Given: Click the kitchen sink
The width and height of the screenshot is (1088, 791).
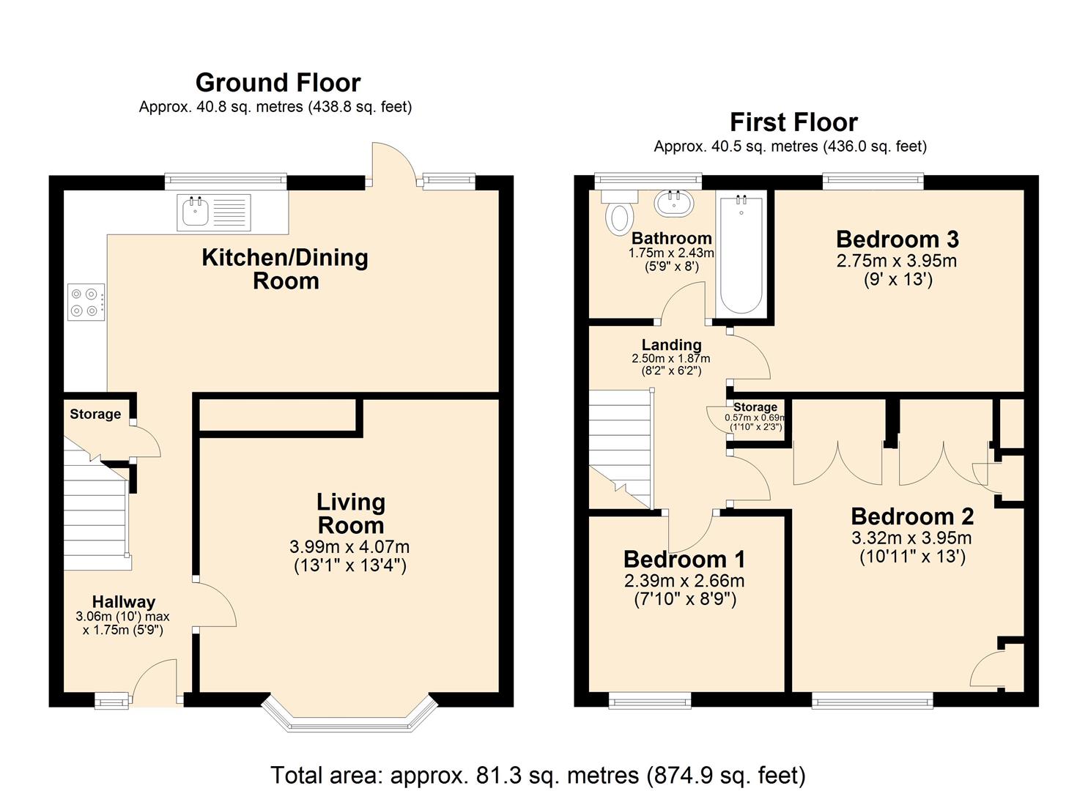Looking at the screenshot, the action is (214, 212).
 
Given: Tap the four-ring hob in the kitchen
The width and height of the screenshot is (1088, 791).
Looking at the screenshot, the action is (86, 302).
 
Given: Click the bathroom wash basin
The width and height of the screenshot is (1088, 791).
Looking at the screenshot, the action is (674, 203).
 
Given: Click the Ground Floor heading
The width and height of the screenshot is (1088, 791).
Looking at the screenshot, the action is (278, 83).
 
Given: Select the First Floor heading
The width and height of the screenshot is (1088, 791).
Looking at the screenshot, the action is (793, 122).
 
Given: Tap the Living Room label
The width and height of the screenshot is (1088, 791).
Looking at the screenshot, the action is (351, 513).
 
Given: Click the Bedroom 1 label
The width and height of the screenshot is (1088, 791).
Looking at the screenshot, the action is (684, 560).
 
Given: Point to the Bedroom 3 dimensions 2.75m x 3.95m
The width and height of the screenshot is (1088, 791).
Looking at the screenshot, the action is (897, 261).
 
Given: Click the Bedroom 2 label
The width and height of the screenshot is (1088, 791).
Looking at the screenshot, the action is (912, 516).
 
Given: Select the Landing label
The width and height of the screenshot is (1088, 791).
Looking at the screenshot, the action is (672, 345).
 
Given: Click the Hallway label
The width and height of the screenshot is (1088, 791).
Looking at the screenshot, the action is (124, 602).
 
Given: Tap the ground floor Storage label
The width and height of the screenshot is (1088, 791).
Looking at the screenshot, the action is (95, 415).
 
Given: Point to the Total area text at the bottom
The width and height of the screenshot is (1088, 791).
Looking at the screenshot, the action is (539, 775).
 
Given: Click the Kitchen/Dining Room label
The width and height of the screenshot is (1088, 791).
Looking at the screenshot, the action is (285, 270).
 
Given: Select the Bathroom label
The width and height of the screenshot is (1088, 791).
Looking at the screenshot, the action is (672, 239).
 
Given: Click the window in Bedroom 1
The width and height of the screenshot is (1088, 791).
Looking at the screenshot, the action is (650, 702).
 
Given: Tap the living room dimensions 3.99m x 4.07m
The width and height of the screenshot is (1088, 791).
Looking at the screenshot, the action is (349, 547).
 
